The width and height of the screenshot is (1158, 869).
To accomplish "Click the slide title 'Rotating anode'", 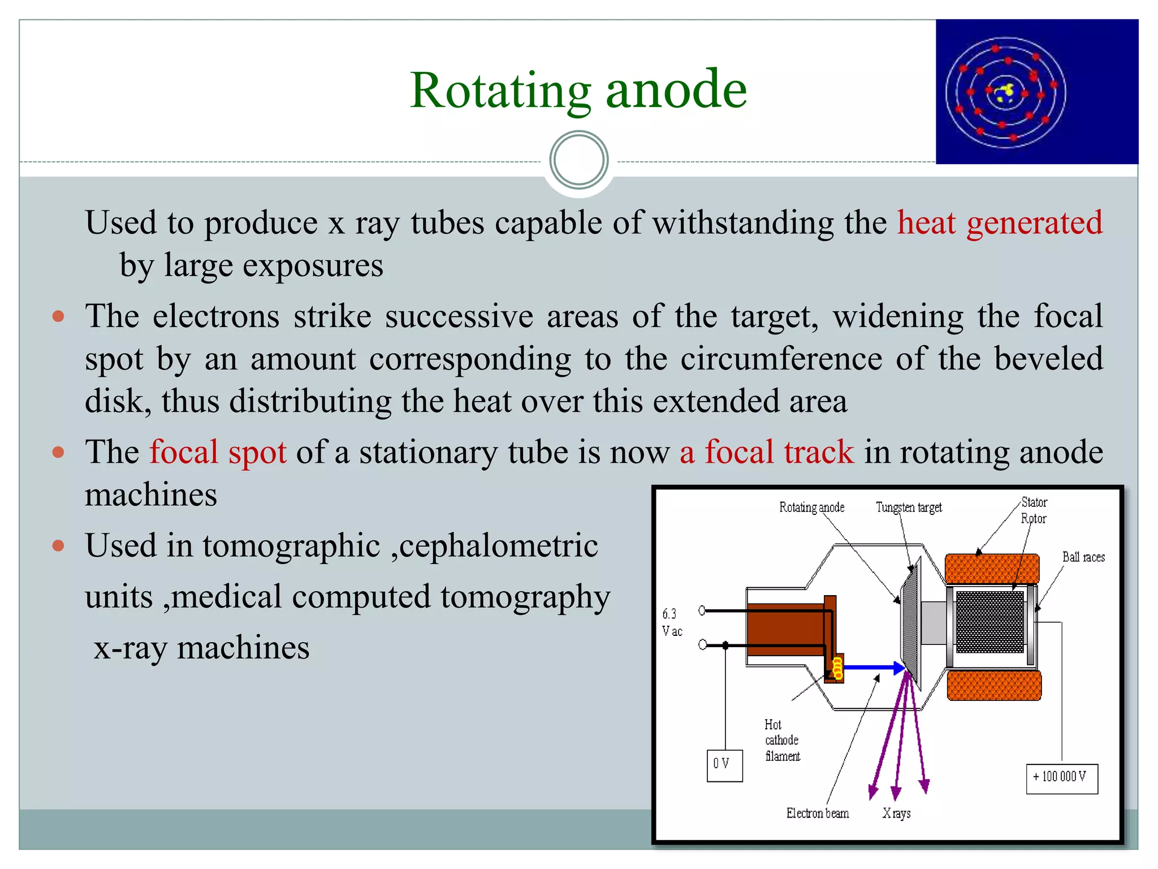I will coord(578,91).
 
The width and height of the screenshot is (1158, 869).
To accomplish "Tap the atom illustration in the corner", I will coord(1036,92).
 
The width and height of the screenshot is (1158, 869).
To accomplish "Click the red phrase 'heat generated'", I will coord(1000,222).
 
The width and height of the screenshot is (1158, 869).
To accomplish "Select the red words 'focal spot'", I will coord(218,453).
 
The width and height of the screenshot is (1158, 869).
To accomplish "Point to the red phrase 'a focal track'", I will coord(767,453).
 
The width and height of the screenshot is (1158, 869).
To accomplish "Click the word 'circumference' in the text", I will coord(781,359).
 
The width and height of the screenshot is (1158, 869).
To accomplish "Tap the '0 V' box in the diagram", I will coord(724,765).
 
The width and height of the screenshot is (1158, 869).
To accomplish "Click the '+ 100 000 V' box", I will coord(1061,778).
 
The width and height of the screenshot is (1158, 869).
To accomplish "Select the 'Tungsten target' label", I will coord(909,507).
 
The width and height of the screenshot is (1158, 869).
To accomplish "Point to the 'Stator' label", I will coord(1034,502).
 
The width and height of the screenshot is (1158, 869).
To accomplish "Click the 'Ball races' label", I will coord(1083,557).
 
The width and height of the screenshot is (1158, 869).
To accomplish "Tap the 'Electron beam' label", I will coord(817,814).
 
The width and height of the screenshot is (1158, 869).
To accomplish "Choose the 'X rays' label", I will coord(896,814).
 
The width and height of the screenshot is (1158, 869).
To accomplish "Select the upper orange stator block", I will coord(992,569).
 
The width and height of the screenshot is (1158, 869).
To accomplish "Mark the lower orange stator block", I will coord(993,686).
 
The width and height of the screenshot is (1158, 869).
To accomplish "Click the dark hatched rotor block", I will coord(990,621).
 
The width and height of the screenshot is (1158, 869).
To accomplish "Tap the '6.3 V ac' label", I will coord(672,622).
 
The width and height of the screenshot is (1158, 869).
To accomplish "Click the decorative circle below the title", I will coord(578,160).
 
